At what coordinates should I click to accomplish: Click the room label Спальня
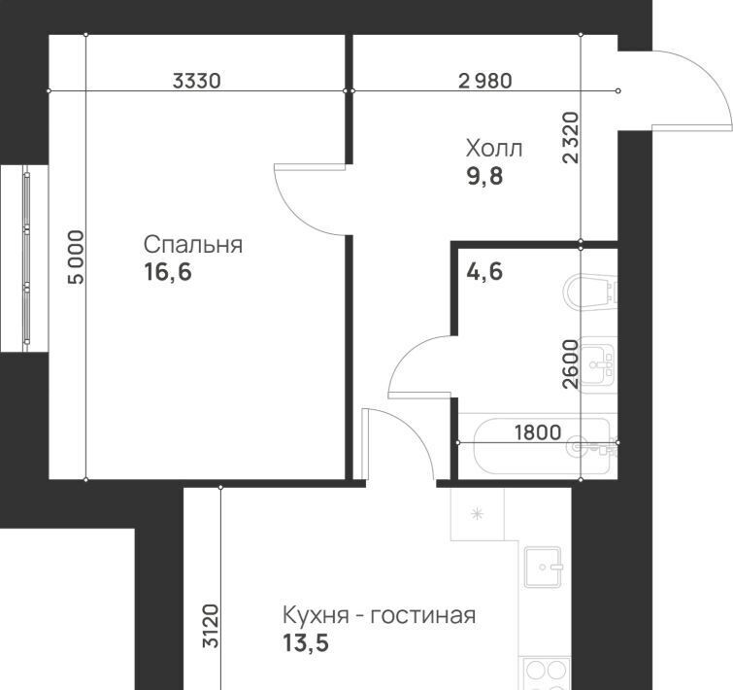tap(193, 245)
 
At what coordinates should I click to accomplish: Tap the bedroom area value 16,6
tap(168, 272)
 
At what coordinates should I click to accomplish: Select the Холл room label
tap(494, 149)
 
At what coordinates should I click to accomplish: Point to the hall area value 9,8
tap(484, 176)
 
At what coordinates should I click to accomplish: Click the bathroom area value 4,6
tap(484, 271)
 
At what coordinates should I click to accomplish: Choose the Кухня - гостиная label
tap(380, 615)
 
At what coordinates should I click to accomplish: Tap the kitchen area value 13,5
tap(306, 642)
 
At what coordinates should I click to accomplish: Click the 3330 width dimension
tap(196, 81)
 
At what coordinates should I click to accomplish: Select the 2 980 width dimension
tap(485, 81)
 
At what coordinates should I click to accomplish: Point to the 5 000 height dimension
tap(76, 257)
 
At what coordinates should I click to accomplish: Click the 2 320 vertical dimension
tap(571, 138)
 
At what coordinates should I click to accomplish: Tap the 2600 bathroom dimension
tap(571, 364)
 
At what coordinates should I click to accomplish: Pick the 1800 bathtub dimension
tap(538, 432)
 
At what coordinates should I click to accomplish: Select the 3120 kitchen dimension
tap(211, 626)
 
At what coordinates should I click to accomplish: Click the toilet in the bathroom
tap(591, 293)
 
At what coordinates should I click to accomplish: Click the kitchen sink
tap(543, 567)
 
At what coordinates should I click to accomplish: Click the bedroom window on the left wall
tap(26, 259)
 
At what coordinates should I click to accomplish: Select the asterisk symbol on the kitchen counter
tap(477, 514)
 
